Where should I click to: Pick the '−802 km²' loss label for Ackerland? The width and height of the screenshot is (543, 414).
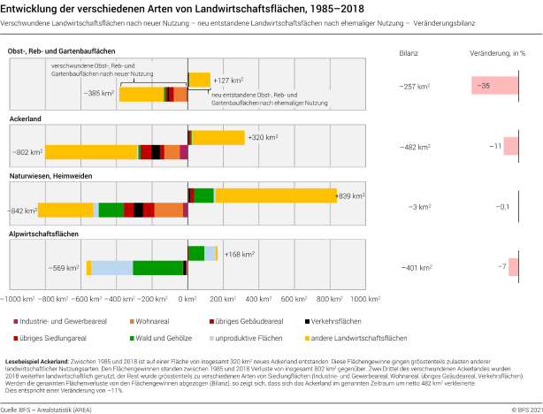[27, 152]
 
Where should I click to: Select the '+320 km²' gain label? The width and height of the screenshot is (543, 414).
[263, 137]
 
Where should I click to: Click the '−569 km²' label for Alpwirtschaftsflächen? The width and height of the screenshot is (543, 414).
[66, 267]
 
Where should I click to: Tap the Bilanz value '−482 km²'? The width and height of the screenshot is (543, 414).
[415, 146]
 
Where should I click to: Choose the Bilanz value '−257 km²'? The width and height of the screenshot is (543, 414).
[415, 86]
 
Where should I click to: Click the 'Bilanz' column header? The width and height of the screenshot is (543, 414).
[408, 53]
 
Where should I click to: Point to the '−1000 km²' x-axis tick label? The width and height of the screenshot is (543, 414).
[19, 300]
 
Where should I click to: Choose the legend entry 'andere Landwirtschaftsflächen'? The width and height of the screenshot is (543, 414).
[358, 338]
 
